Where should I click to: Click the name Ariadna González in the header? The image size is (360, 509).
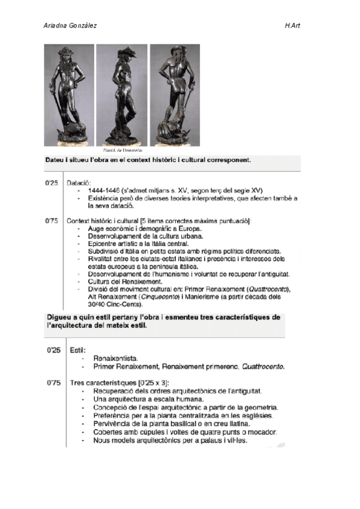click(71, 26)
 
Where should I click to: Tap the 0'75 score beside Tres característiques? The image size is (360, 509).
click(53, 382)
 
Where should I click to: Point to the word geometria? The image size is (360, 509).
click(256, 407)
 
